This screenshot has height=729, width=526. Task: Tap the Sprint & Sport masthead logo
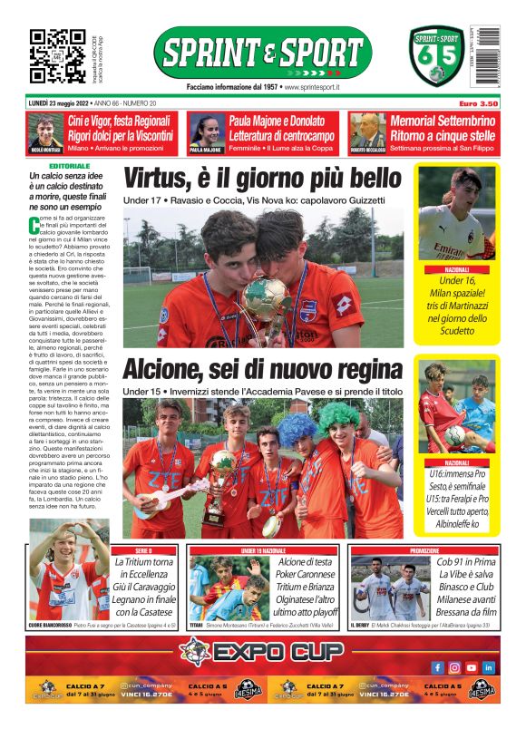pos(262,53)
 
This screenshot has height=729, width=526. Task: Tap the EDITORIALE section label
pos(70,166)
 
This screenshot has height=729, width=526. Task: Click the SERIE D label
pos(143,550)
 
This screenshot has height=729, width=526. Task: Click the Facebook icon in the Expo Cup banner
pos(437,666)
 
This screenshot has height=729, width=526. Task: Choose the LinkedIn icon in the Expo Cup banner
pos(489,666)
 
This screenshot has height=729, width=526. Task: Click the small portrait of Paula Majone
pos(206,131)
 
